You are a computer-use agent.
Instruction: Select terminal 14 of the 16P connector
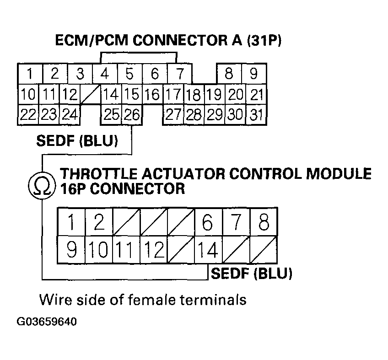click(207, 250)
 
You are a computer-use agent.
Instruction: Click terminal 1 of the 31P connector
click(29, 74)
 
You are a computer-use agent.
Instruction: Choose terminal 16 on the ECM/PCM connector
click(152, 95)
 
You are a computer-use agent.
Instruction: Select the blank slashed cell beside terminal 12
click(90, 95)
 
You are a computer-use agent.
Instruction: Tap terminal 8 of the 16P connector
click(263, 223)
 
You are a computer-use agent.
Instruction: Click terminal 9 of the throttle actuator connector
click(71, 250)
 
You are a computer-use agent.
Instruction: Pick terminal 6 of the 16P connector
click(207, 223)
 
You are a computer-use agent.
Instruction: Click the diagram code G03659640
click(47, 322)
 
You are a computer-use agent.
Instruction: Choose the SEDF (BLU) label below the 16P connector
click(251, 274)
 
